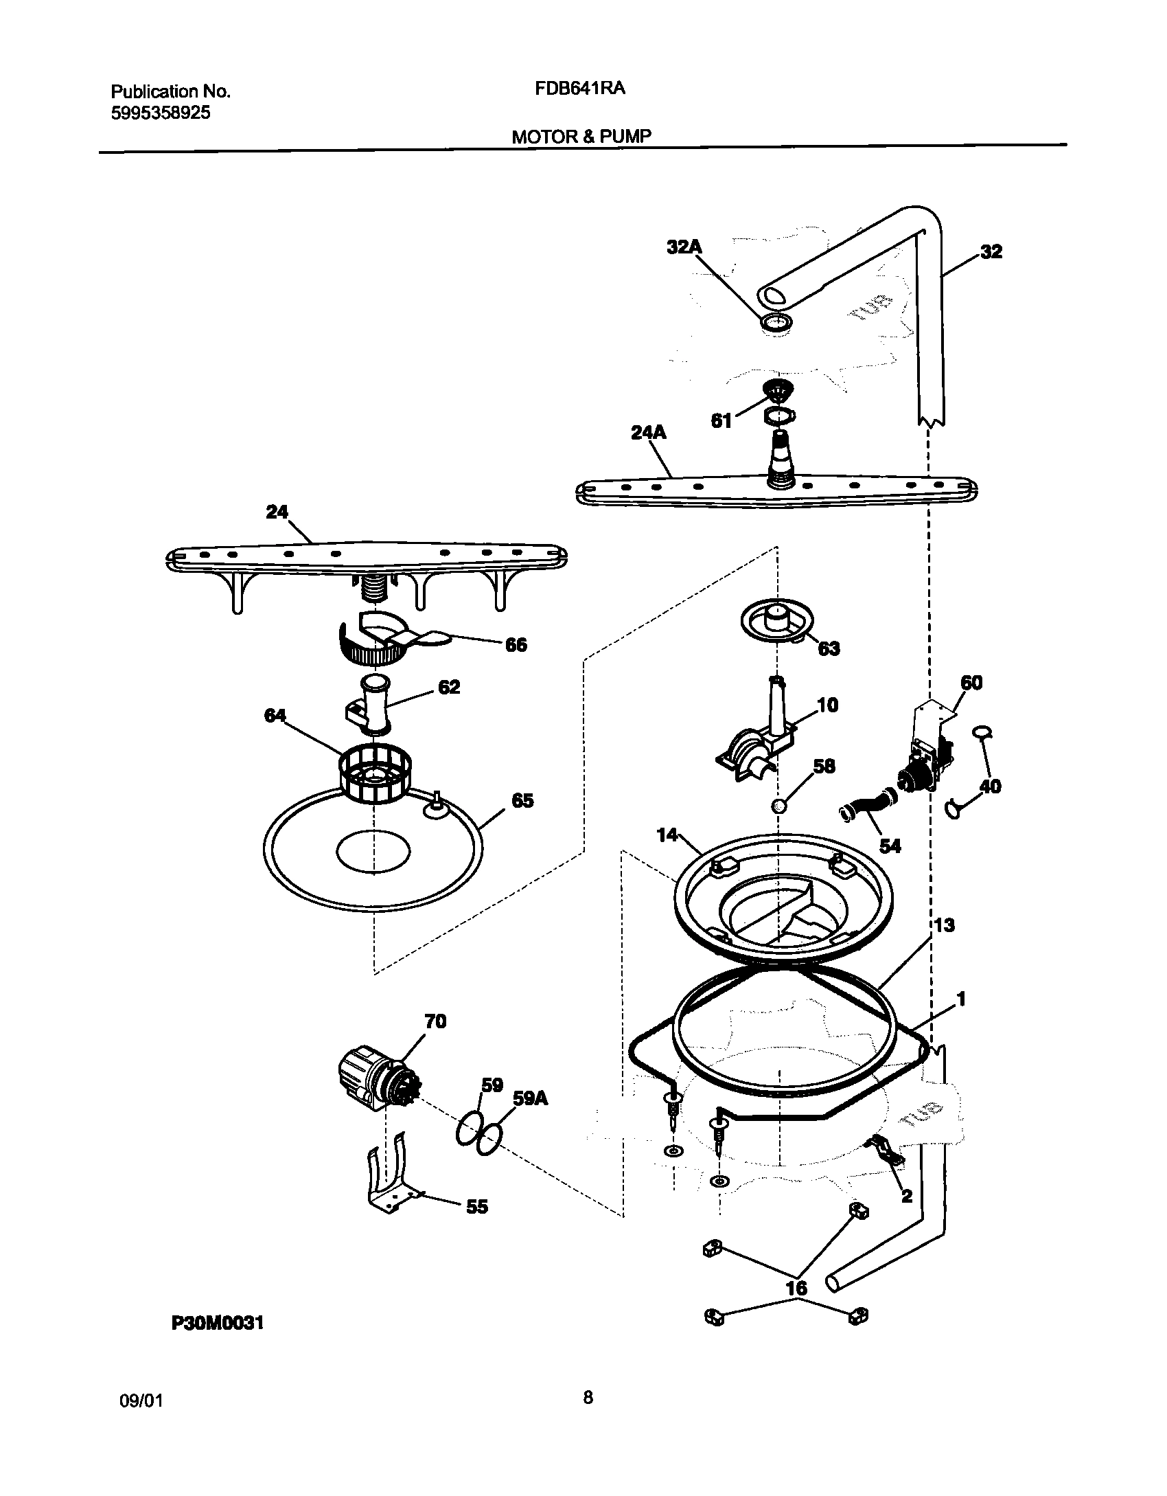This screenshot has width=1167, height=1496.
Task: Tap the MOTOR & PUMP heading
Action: (581, 136)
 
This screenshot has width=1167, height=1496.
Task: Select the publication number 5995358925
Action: (161, 113)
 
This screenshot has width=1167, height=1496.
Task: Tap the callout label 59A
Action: (531, 1098)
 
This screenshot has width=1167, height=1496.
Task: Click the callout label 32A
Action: (684, 247)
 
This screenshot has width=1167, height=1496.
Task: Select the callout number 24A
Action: (648, 433)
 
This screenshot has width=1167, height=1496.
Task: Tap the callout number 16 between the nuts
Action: (796, 1288)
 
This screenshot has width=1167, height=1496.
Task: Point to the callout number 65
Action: (522, 801)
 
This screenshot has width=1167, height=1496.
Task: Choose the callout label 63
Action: (829, 648)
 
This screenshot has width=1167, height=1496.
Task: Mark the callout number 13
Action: (944, 925)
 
